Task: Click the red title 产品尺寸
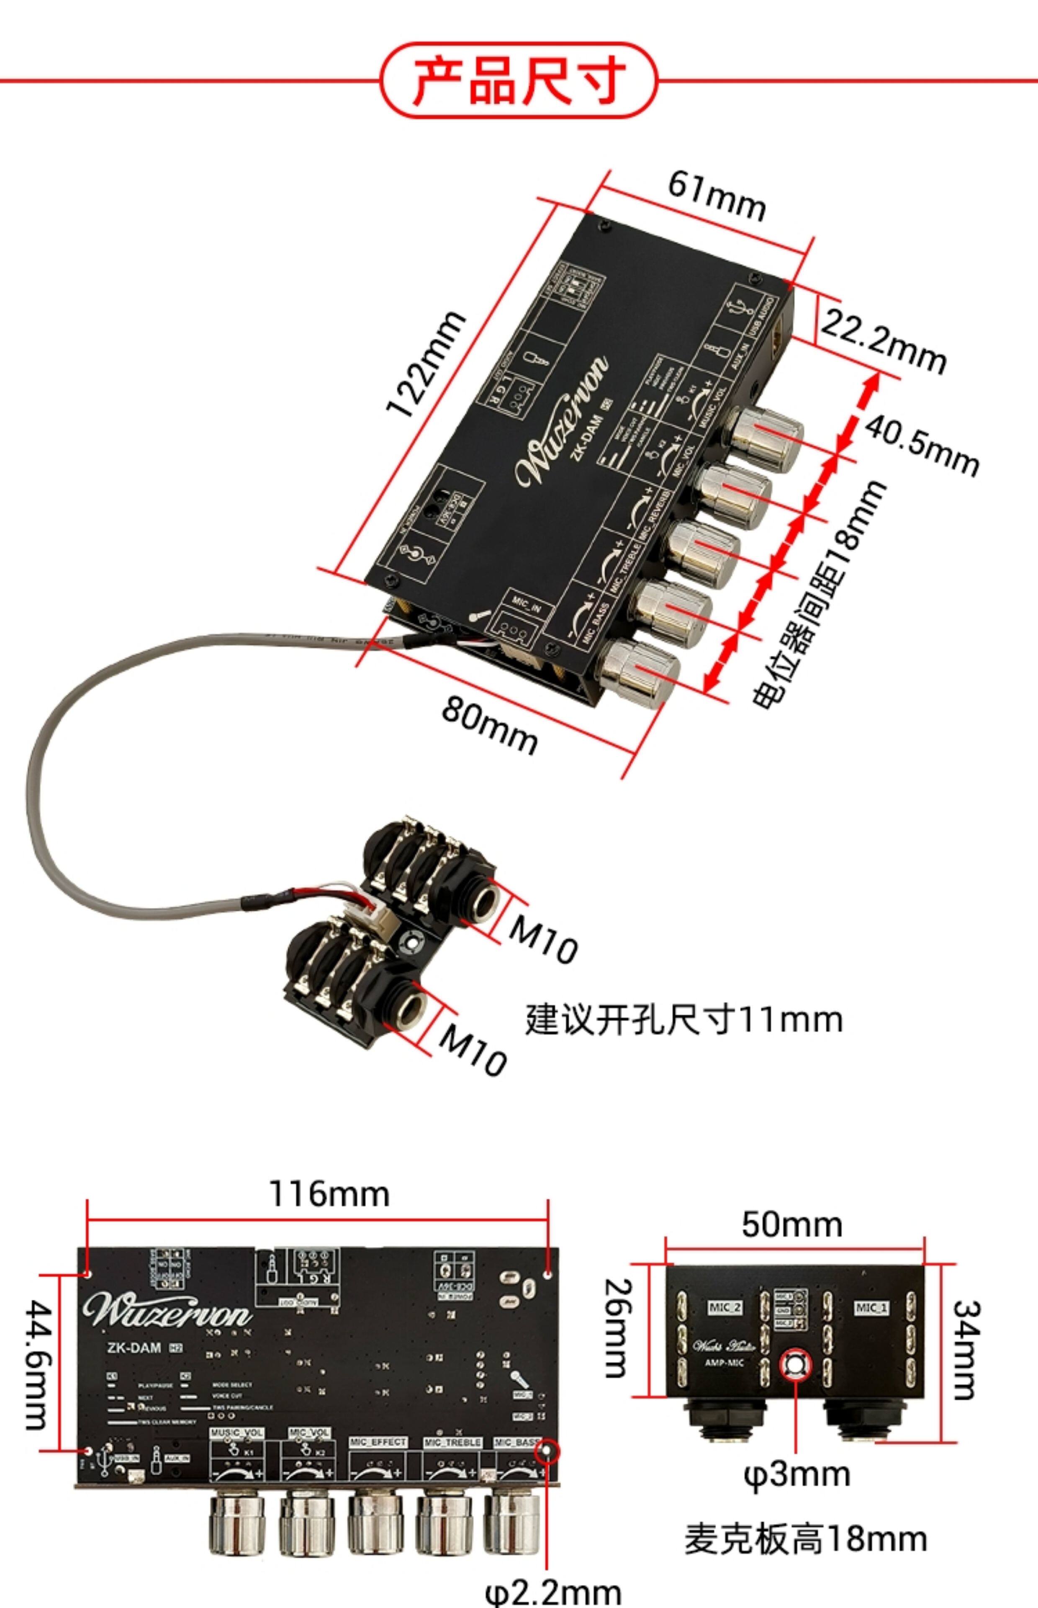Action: point(519,80)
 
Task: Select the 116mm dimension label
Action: point(329,1194)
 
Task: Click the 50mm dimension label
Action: point(792,1224)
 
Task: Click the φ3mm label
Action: point(796,1474)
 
